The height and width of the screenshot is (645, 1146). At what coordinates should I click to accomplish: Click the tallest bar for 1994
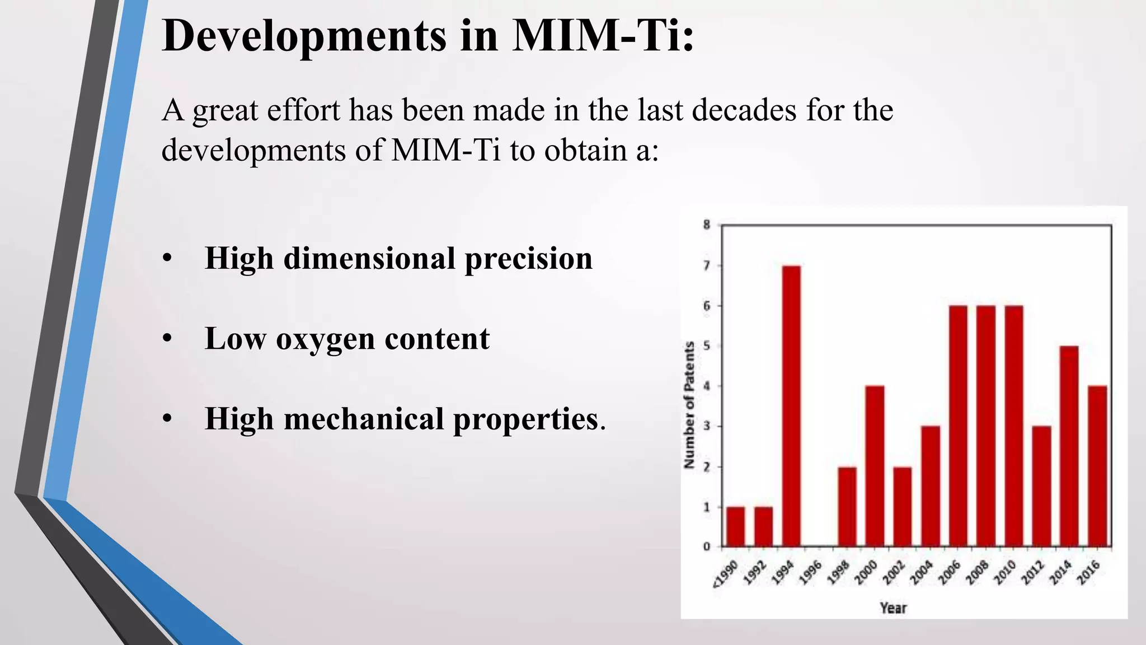point(791,406)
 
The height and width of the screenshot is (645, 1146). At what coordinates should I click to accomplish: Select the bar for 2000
point(875,466)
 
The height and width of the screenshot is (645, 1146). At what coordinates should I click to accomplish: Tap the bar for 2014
point(1069,446)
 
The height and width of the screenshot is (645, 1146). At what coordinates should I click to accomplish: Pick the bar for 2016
point(1097,466)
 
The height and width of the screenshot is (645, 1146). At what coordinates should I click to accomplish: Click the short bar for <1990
point(736,526)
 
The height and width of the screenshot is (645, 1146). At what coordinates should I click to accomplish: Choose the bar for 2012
point(1041,486)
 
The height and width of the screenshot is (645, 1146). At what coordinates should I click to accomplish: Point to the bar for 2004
point(931,486)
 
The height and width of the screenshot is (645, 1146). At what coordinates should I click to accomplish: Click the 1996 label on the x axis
point(810,573)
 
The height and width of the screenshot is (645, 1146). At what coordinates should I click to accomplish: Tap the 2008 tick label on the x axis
point(977,573)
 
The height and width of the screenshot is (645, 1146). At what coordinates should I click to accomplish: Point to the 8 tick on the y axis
point(707,225)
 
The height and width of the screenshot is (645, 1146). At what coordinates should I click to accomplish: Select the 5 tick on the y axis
point(707,346)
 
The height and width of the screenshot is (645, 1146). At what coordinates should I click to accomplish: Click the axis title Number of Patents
point(689,405)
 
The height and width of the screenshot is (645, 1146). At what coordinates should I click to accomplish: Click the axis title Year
point(893,607)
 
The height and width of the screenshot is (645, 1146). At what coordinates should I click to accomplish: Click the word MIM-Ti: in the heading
point(603,36)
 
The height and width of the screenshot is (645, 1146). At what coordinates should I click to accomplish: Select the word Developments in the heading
point(304,36)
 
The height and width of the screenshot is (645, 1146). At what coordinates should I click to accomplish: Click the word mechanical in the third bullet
point(364,419)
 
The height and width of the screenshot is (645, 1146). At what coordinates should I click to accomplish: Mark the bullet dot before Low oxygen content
point(167,339)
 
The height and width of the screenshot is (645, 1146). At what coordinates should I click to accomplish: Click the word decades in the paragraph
point(744,110)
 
